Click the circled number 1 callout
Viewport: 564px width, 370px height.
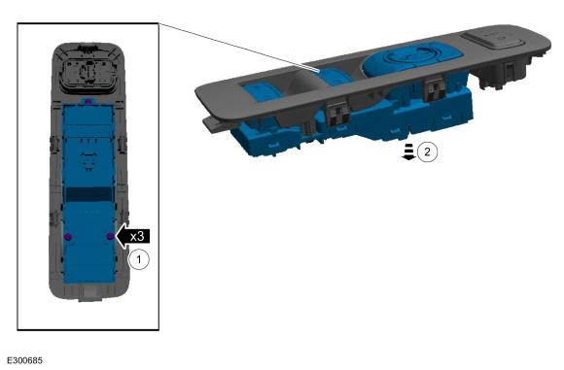coord(139,258)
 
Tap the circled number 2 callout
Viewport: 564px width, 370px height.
coord(427,151)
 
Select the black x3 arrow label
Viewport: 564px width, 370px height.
coord(132,236)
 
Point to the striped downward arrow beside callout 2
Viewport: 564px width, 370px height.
coord(408,151)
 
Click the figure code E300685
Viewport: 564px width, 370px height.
coord(24,360)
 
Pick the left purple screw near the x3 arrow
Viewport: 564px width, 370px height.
coord(67,237)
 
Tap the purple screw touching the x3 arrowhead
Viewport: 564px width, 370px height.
coord(111,236)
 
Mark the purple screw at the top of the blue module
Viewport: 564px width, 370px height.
coord(88,102)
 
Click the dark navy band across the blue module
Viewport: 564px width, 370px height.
coord(88,194)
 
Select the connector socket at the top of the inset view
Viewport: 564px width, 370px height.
coord(88,73)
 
